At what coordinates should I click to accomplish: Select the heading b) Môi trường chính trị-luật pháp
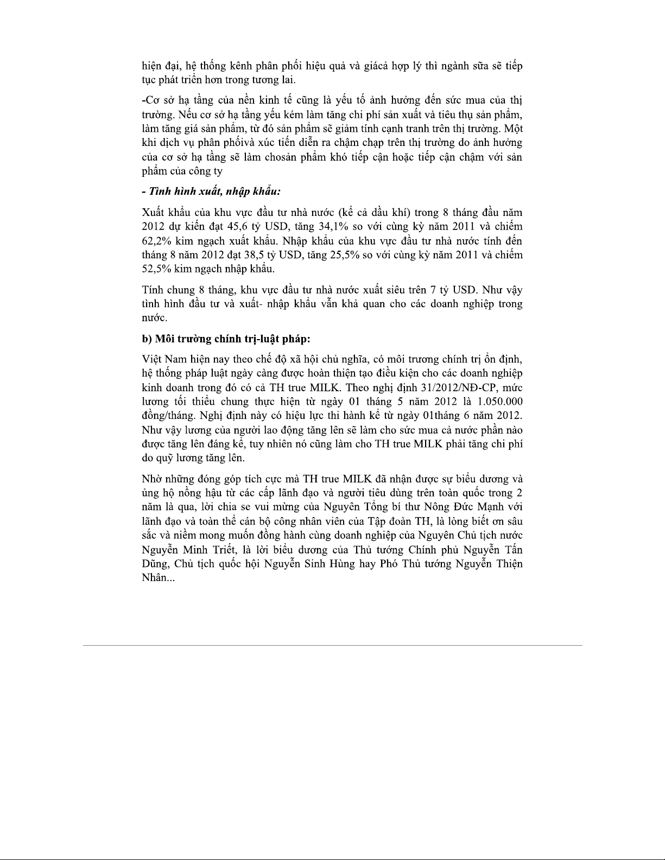pyautogui.click(x=226, y=339)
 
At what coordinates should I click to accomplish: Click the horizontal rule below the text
pyautogui.click(x=332, y=645)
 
